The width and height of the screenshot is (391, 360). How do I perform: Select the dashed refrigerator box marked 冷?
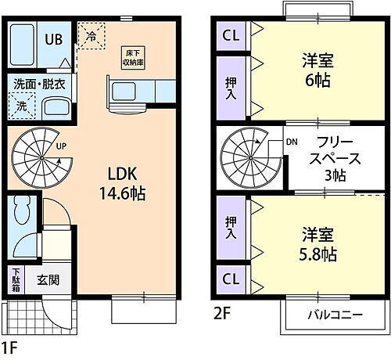pyautogui.click(x=91, y=36)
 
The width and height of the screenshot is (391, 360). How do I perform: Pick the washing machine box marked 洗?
pyautogui.click(x=20, y=103)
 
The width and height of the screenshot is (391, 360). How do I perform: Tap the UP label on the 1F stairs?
pyautogui.click(x=60, y=146)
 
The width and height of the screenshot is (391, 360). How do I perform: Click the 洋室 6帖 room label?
pyautogui.click(x=319, y=70)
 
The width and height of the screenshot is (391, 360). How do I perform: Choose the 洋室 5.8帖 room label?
pyautogui.click(x=319, y=244)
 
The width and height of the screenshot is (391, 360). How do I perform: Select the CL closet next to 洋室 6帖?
pyautogui.click(x=230, y=35)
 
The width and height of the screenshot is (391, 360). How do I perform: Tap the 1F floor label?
pyautogui.click(x=9, y=345)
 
